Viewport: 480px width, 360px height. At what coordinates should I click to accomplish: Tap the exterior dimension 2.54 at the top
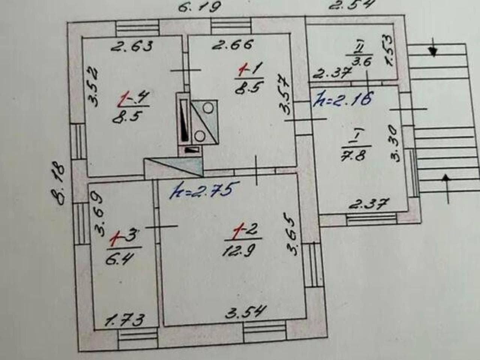point(350,5)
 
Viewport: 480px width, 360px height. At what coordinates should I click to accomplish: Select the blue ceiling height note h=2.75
point(201,190)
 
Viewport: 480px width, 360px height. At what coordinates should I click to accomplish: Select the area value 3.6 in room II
point(361,61)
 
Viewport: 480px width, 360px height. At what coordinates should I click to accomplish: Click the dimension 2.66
point(233,45)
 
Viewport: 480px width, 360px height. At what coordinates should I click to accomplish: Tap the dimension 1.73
point(124,320)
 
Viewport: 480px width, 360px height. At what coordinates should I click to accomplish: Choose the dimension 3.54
point(246,312)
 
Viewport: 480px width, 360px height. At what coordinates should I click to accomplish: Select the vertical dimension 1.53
point(390,50)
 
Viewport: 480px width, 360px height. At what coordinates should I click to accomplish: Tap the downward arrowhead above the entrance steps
point(433,52)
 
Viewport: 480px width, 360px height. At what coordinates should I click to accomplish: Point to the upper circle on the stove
point(208,108)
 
